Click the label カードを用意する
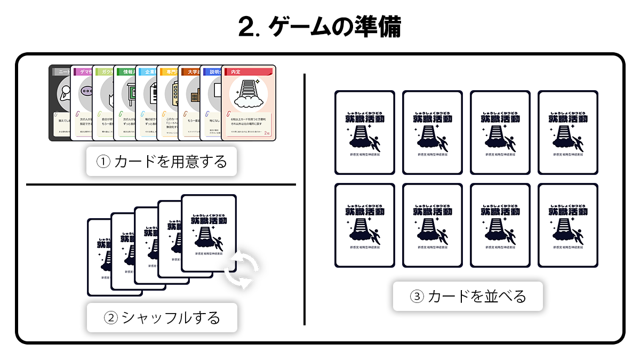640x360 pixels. pyautogui.click(x=162, y=161)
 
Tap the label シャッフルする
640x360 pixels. pyautogui.click(x=162, y=317)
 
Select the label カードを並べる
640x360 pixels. pyautogui.click(x=468, y=296)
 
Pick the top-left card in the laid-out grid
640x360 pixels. pyautogui.click(x=365, y=132)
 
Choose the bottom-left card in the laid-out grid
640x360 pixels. pyautogui.click(x=365, y=225)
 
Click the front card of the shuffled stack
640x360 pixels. pyautogui.click(x=209, y=232)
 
